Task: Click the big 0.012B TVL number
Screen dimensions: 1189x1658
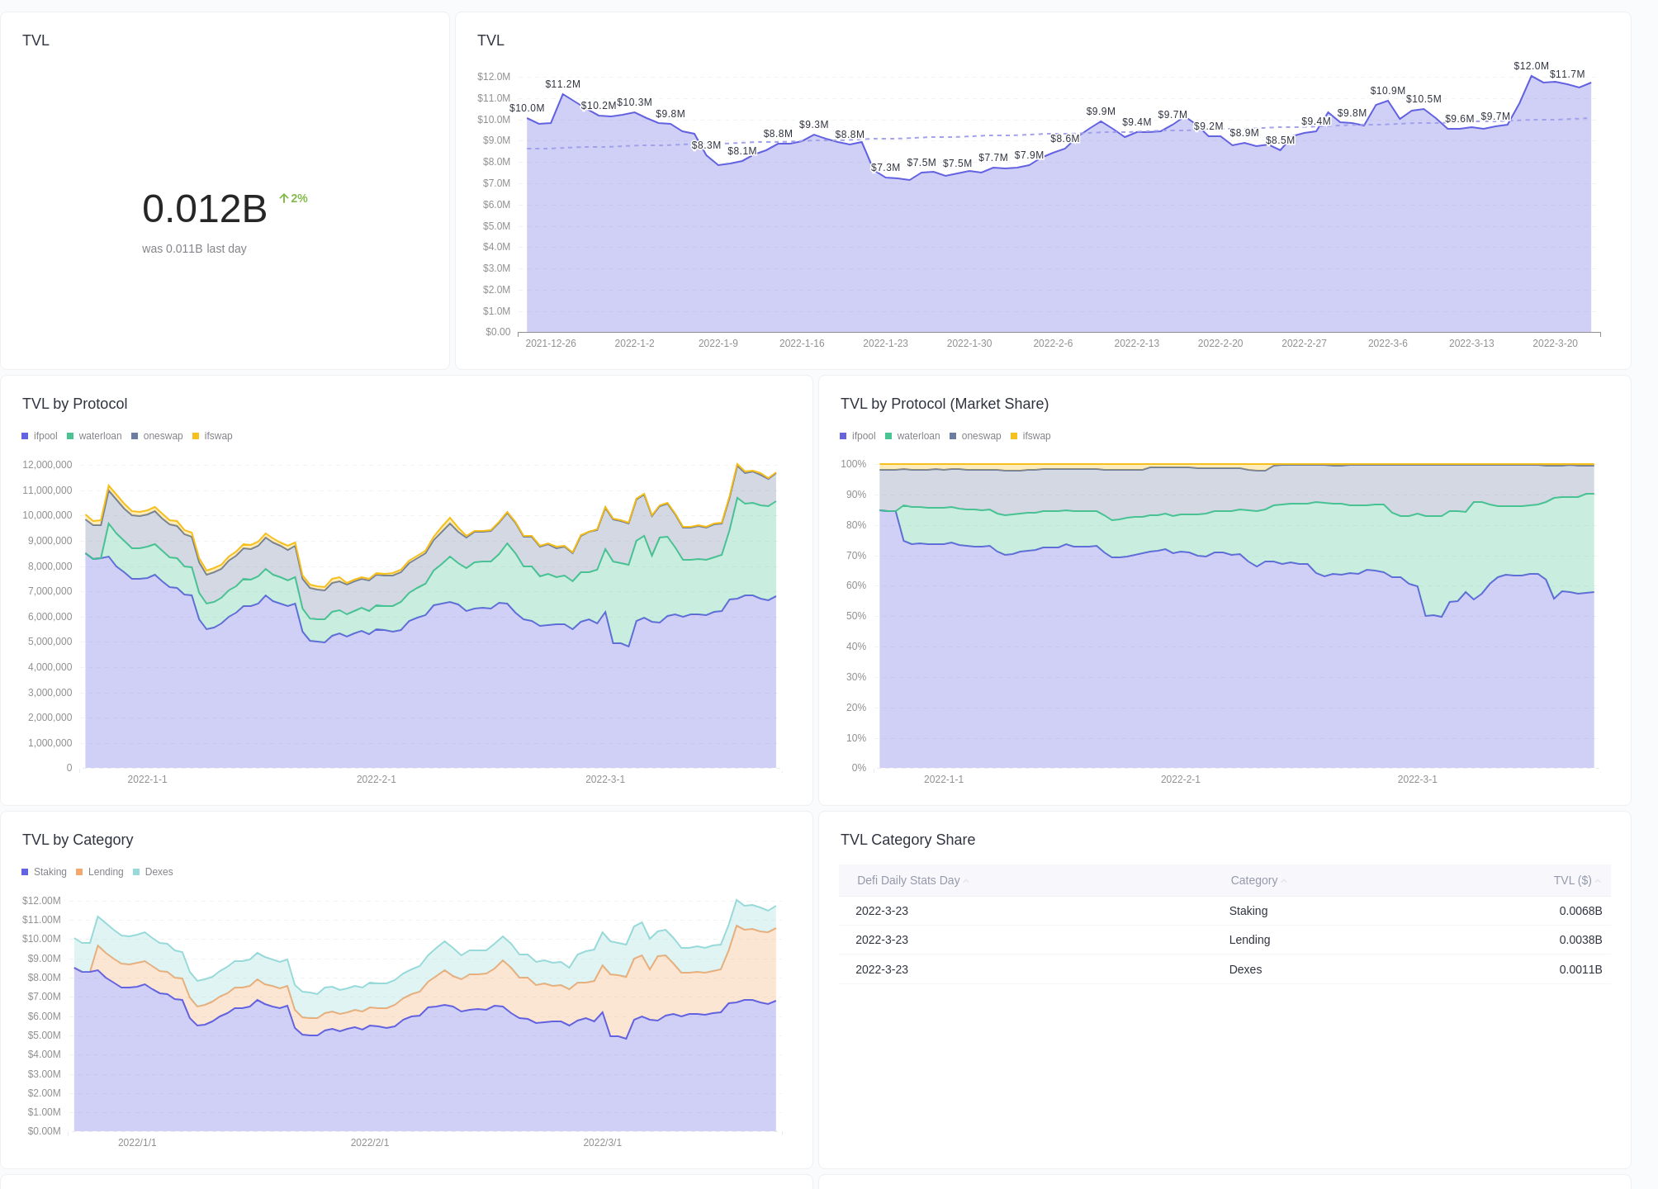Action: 204,209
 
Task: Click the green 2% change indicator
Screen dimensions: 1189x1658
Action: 293,198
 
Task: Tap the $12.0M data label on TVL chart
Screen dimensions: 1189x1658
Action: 1531,66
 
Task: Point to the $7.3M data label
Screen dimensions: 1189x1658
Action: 885,168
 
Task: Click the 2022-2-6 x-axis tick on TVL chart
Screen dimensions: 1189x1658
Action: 1053,343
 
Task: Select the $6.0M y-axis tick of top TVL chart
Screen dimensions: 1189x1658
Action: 496,205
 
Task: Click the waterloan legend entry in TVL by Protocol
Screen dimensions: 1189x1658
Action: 99,436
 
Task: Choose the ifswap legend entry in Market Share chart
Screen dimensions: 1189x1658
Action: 1035,436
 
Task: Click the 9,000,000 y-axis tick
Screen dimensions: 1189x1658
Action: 50,541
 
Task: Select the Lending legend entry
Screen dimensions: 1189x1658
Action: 105,872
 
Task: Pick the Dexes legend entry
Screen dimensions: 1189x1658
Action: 158,872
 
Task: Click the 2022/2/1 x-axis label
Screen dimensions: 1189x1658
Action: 369,1143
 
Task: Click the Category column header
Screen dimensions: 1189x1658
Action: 1253,880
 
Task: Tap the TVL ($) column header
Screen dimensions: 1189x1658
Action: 1572,880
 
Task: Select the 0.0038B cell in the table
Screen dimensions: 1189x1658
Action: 1580,940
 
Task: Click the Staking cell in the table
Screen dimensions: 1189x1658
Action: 1248,911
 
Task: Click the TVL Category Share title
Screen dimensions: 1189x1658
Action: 907,840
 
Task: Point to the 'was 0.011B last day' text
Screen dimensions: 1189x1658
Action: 194,249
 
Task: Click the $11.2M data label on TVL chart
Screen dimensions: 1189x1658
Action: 562,84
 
